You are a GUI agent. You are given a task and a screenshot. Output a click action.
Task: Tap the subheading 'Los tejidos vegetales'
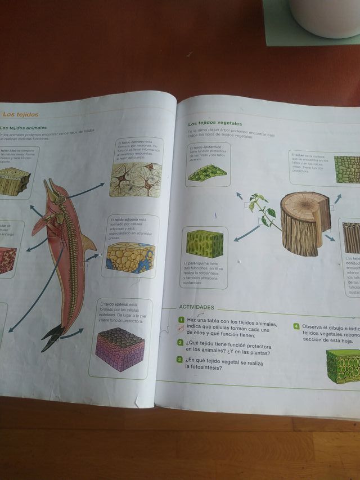click(x=214, y=123)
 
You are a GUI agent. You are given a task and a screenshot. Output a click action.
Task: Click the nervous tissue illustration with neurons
click(x=136, y=181)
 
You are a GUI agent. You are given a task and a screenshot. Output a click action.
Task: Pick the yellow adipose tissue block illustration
click(x=130, y=258)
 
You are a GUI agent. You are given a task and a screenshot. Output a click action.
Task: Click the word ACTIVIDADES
click(x=196, y=307)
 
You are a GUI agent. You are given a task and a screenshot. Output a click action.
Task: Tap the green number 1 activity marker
click(x=181, y=320)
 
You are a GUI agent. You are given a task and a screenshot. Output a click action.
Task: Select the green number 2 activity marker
click(x=180, y=343)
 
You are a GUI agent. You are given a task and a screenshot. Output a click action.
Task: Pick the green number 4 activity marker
click(x=296, y=326)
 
